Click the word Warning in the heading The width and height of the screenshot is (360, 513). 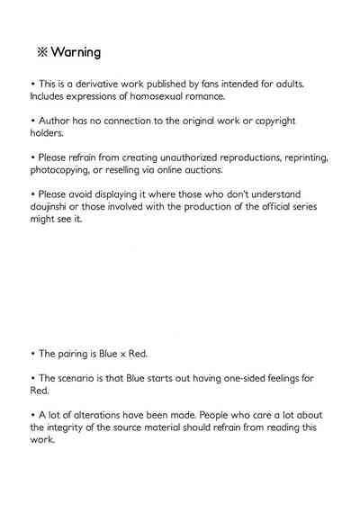point(76,52)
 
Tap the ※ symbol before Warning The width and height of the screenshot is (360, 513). point(40,52)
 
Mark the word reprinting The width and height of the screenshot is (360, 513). point(301,157)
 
